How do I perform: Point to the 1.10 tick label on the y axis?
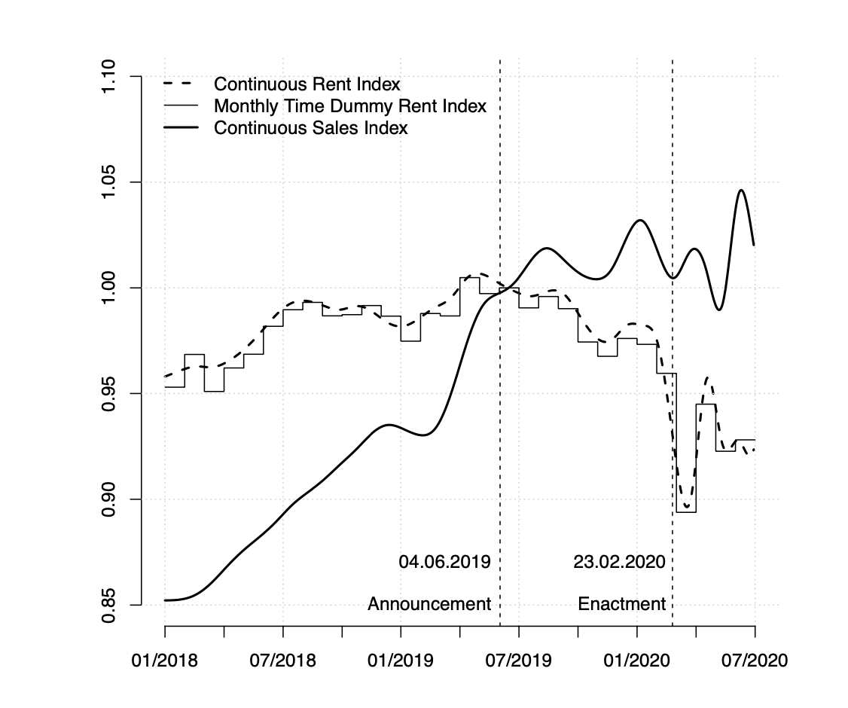108,77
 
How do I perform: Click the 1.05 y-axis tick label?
108,182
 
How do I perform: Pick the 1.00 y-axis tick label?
108,288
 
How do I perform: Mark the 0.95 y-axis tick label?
108,393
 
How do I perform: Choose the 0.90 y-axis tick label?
108,499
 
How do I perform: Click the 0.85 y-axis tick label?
108,605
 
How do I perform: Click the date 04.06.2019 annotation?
444,562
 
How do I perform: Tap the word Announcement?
429,604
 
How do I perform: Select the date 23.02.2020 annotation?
619,562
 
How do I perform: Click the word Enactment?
621,604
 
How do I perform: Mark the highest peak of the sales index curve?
742,190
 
